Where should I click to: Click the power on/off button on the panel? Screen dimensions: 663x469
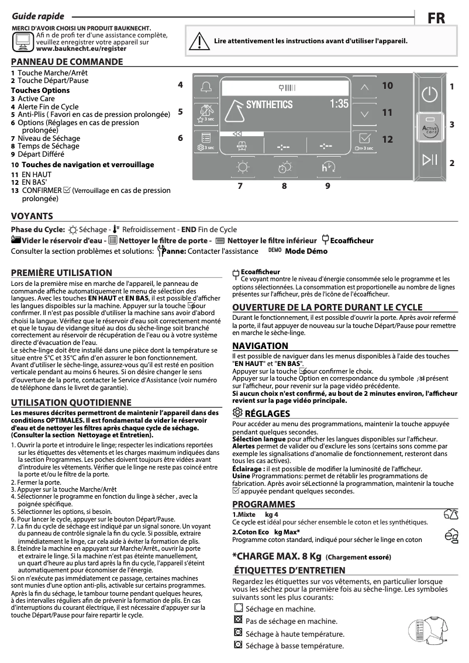(429, 94)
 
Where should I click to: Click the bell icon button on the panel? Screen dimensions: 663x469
(205, 87)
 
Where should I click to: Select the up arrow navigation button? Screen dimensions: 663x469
(365, 87)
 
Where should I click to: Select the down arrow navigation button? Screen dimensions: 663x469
(365, 113)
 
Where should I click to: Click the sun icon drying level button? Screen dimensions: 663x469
(242, 167)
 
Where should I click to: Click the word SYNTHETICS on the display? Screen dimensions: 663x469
(269, 105)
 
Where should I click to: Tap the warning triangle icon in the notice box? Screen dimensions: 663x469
(201, 42)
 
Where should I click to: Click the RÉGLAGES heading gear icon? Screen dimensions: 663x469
(237, 413)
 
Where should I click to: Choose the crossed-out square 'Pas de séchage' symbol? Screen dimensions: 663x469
(237, 620)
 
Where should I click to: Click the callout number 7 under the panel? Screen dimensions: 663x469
(240, 186)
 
